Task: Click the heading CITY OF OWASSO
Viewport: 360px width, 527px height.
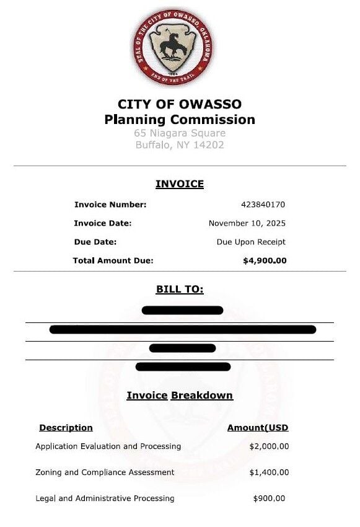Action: coord(180,104)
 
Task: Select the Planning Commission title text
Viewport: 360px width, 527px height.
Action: coord(180,120)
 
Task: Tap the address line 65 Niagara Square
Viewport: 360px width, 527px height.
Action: coord(180,133)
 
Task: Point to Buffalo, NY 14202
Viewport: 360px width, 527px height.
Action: coord(180,145)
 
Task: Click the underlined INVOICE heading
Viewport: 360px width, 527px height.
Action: coord(180,184)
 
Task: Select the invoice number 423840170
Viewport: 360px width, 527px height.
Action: coord(263,205)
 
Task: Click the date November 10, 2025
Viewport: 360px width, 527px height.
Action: coord(247,223)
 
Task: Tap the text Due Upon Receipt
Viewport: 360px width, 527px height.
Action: coord(251,242)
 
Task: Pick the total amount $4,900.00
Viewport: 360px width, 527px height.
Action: coord(265,261)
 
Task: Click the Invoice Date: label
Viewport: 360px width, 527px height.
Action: coord(103,223)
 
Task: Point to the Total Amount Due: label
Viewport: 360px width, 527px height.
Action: coord(113,261)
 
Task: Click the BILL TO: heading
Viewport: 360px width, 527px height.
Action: coord(180,290)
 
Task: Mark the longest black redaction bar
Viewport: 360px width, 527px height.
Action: coord(183,329)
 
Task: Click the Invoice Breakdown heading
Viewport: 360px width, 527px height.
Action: coord(180,396)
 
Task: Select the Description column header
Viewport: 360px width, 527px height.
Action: coord(66,428)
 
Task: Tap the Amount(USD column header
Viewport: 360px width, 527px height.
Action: coord(258,428)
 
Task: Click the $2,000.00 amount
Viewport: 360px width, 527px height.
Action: coord(269,446)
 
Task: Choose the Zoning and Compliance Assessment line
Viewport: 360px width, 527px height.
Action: coord(105,472)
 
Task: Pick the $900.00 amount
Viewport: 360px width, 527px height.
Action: coord(270,498)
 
